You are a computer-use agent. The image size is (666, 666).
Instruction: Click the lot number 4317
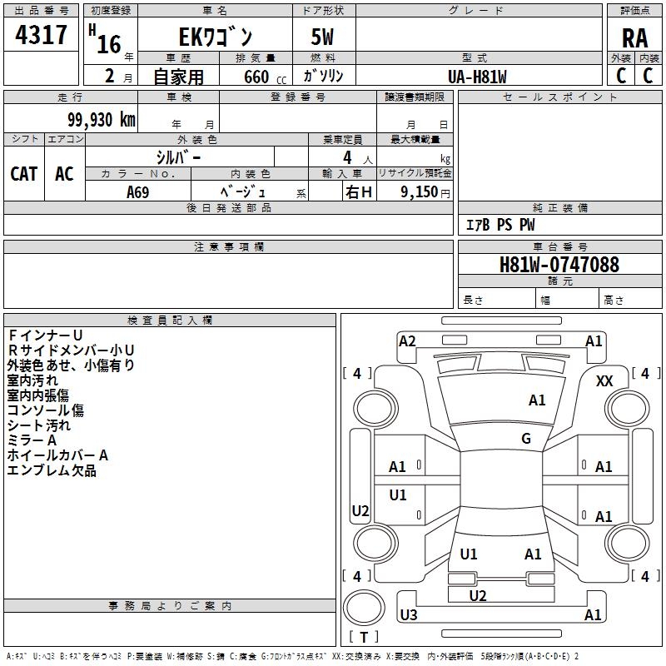tap(41, 35)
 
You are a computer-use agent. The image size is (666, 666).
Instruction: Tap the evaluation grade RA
tap(634, 37)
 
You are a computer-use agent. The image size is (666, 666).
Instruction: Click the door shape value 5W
tap(324, 37)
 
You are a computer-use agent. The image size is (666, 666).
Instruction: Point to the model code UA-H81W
tap(477, 77)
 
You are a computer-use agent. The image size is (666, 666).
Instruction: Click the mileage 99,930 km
tap(96, 120)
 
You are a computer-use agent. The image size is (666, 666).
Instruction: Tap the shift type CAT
tap(24, 174)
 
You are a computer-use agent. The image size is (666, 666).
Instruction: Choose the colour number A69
tap(139, 192)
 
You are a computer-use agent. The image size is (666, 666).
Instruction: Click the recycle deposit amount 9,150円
tap(425, 192)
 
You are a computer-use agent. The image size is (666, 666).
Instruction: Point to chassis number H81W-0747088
tap(559, 265)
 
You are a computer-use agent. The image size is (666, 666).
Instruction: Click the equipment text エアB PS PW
tap(500, 226)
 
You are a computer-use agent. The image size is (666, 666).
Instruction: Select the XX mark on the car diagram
tap(605, 381)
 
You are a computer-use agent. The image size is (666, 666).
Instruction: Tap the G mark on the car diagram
tap(526, 439)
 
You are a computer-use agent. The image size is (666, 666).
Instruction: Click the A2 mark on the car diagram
tap(407, 340)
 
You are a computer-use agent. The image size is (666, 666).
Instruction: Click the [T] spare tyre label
tap(364, 637)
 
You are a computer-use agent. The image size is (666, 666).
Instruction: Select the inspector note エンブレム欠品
tap(52, 471)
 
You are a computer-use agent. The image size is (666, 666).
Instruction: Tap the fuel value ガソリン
tap(324, 77)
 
